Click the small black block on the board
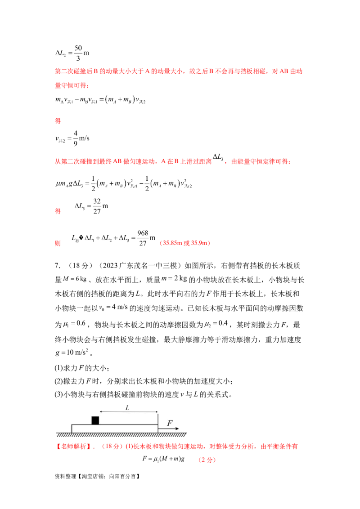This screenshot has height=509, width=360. (x=95, y=420)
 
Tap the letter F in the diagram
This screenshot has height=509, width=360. (x=170, y=423)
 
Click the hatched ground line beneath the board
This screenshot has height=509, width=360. (x=121, y=435)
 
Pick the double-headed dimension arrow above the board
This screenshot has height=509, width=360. (x=129, y=411)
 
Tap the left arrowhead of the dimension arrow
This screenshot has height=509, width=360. (x=101, y=411)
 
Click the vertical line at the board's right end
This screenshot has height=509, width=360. (x=158, y=420)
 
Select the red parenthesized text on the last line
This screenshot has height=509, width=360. (x=207, y=460)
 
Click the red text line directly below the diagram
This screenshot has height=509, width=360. (x=175, y=446)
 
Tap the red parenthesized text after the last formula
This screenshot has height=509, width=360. (x=184, y=243)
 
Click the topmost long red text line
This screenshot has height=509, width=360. (x=178, y=71)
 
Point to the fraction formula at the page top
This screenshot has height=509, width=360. (x=72, y=51)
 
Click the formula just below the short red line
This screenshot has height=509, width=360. (x=101, y=101)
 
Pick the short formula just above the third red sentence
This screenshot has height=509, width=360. (x=72, y=139)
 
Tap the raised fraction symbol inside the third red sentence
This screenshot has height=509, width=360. (x=219, y=158)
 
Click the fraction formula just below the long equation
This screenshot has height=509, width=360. (x=90, y=207)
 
